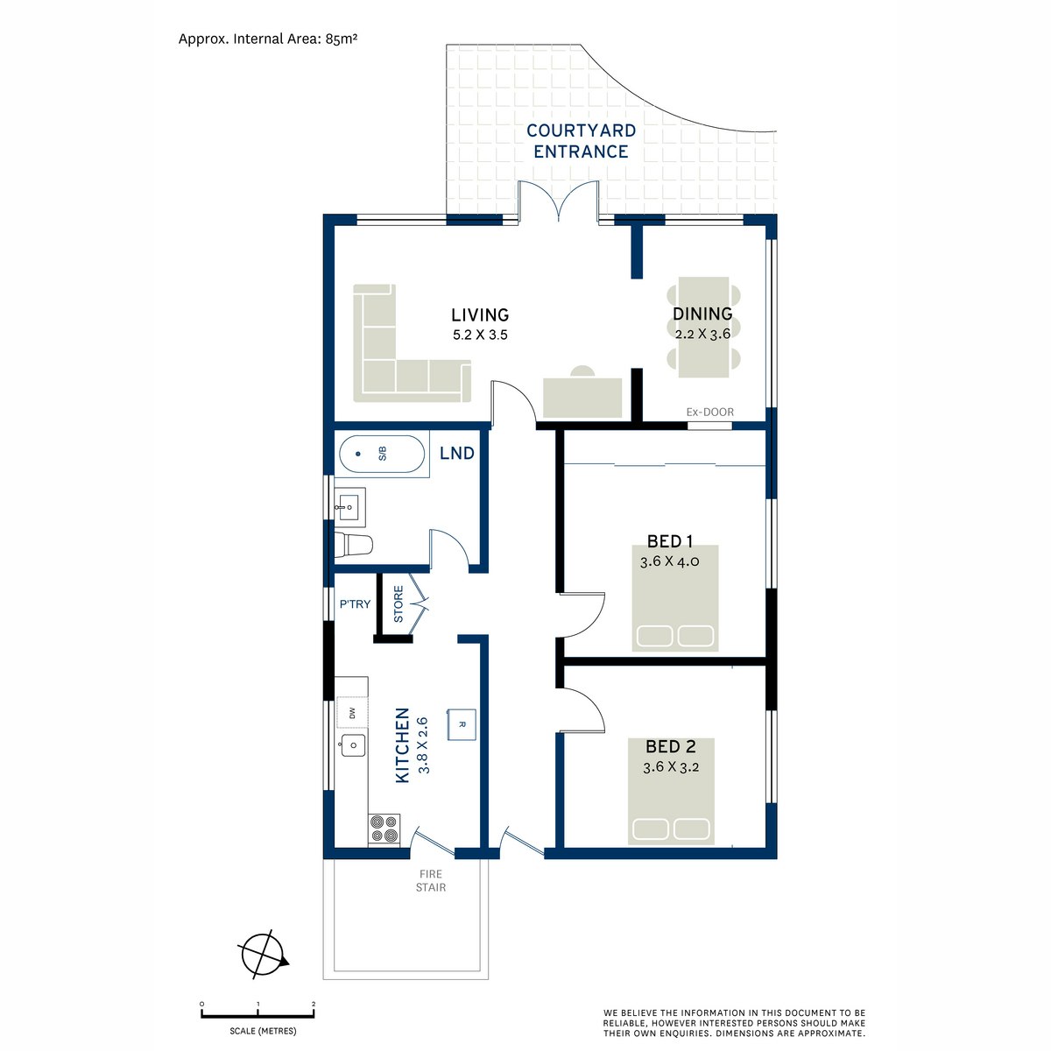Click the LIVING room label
click(x=480, y=314)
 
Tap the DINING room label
click(x=702, y=314)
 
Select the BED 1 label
click(x=670, y=541)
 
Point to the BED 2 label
click(x=670, y=746)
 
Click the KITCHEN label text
click(x=402, y=745)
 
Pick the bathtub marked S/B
click(x=382, y=454)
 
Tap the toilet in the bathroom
click(x=353, y=544)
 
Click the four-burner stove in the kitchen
click(x=384, y=829)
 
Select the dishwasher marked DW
click(x=352, y=712)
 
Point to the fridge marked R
click(x=462, y=724)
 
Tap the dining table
click(x=703, y=327)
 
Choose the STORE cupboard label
click(x=399, y=603)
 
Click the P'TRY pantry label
click(x=355, y=603)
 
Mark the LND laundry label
click(x=457, y=453)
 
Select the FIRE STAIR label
click(x=431, y=881)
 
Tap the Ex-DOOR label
click(x=709, y=413)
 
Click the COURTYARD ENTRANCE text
click(x=581, y=141)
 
